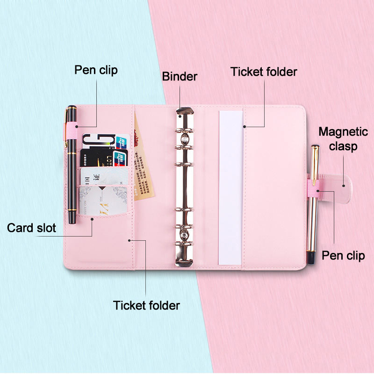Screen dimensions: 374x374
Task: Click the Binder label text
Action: point(180,77)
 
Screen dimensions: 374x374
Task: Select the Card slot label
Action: point(31,228)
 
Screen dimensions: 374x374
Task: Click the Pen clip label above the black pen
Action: point(96,70)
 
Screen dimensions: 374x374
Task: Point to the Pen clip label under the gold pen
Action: point(343,256)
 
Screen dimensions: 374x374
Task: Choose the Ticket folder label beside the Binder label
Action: point(264,72)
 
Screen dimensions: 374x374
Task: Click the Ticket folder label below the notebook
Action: point(146,305)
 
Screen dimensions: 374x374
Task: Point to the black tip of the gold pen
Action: point(310,256)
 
